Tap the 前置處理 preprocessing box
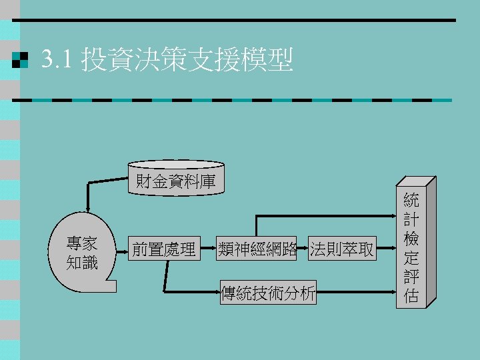coord(164,249)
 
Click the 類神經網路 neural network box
coord(257,249)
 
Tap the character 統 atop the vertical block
coord(411,200)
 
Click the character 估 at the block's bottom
coord(411,296)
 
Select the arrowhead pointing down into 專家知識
coord(86,208)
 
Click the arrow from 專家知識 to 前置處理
coord(121,250)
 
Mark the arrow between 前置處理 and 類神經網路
coord(209,250)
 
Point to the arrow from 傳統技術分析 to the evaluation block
coord(357,292)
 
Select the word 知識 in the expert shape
coord(82,263)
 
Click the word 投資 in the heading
coord(101,61)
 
